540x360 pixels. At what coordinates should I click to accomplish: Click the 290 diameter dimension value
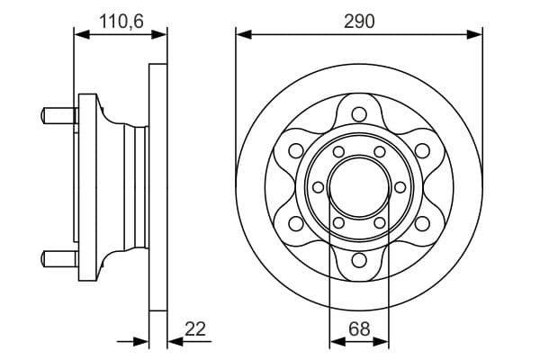358,19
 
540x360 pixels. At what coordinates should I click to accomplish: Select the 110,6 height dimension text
119,19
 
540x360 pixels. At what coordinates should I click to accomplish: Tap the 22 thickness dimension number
194,328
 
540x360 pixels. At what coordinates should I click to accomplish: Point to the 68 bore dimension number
359,328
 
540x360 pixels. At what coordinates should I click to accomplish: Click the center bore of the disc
359,187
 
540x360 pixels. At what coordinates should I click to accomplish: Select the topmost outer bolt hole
359,113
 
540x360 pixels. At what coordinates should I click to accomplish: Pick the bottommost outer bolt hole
359,261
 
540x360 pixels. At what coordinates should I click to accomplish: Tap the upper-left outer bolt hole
295,150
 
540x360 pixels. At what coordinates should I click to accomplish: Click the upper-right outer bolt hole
423,150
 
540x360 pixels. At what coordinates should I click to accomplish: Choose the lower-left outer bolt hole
295,224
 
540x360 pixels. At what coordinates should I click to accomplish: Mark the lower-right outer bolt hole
423,224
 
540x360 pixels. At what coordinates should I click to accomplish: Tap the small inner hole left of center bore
319,187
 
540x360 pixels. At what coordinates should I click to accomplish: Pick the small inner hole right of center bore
400,187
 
